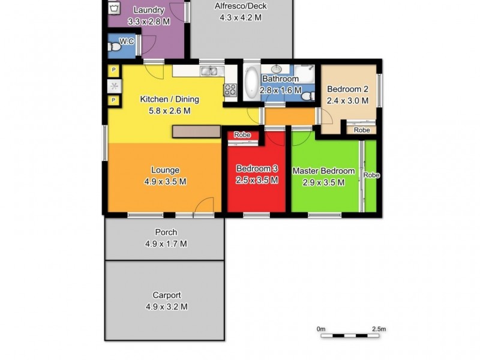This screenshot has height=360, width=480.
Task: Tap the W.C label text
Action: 127,41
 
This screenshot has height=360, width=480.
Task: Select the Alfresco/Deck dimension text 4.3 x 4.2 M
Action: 240,18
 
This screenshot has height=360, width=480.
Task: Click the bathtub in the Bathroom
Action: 251,83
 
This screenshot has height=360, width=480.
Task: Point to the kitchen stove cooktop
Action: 230,90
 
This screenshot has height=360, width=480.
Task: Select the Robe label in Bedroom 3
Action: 242,135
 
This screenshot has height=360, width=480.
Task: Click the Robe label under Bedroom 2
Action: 361,130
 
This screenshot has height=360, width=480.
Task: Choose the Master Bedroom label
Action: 323,171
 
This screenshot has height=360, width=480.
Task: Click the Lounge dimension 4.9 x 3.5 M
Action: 165,181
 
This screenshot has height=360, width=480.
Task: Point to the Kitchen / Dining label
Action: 169,100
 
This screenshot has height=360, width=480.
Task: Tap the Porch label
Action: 166,233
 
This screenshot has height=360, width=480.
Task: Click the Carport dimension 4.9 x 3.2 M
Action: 166,307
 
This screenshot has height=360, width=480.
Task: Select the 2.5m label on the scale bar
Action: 379,329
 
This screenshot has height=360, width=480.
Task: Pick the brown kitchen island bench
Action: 196,131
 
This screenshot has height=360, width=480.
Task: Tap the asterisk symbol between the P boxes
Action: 113,86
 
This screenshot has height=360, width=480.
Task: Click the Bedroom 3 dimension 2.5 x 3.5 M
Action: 257,180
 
